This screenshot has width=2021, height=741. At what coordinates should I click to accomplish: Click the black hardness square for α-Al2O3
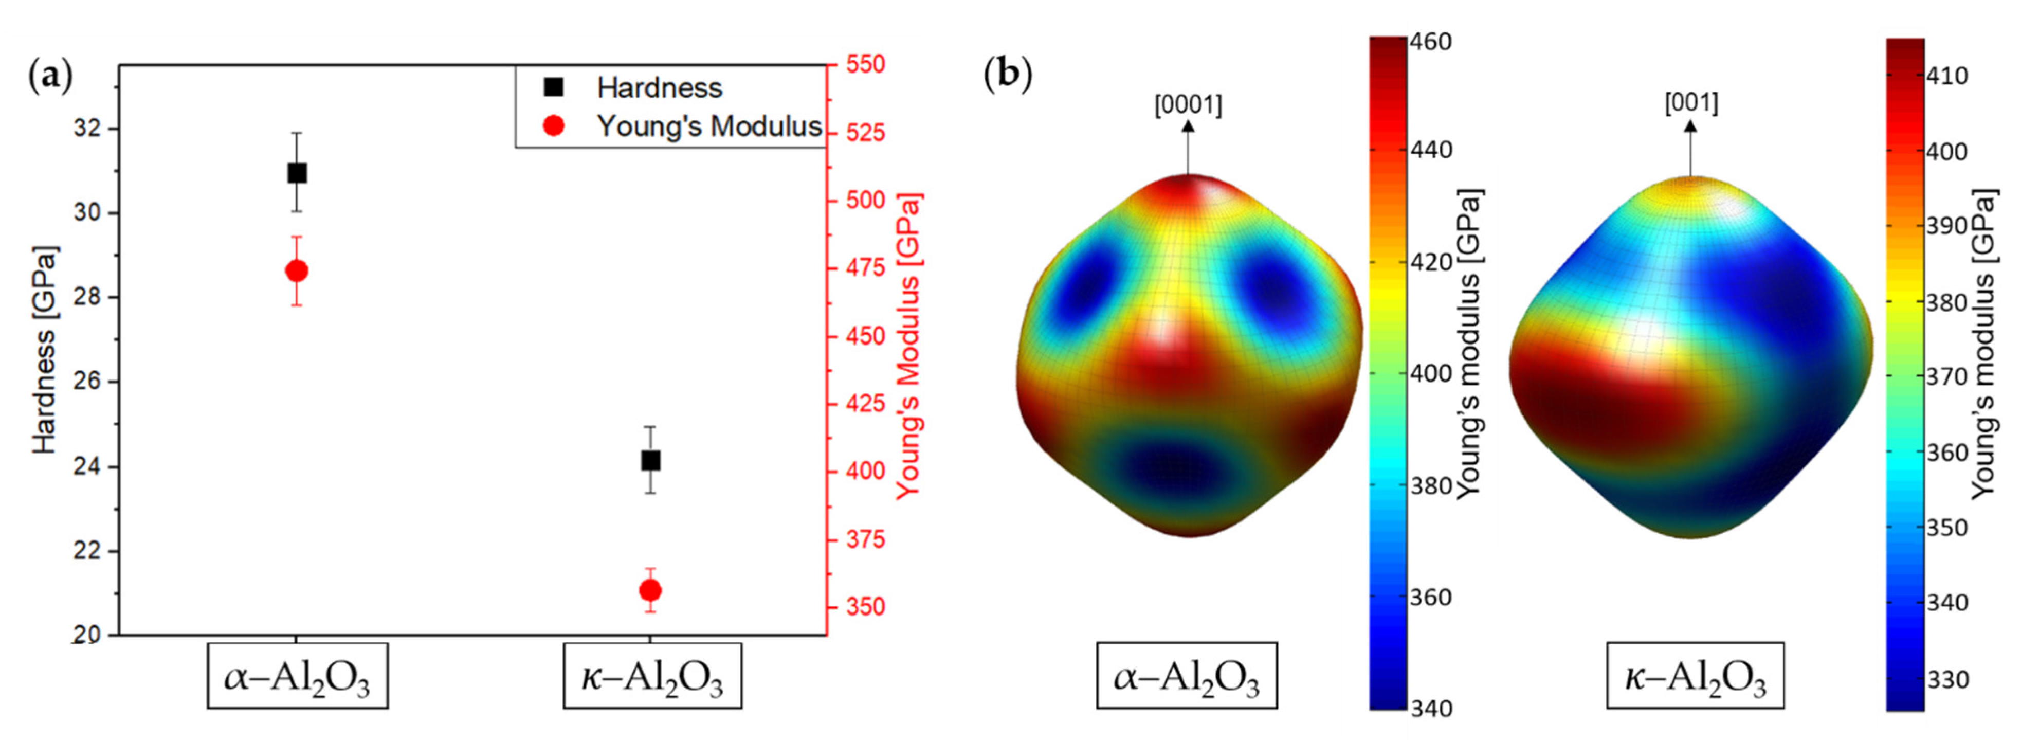pyautogui.click(x=297, y=173)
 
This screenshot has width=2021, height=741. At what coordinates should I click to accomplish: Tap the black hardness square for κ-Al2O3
pyautogui.click(x=650, y=461)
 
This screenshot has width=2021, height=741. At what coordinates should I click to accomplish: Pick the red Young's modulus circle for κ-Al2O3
pyautogui.click(x=650, y=590)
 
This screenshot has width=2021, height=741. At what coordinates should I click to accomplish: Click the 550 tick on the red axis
pyautogui.click(x=865, y=64)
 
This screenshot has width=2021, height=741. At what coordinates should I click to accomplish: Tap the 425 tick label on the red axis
pyautogui.click(x=865, y=404)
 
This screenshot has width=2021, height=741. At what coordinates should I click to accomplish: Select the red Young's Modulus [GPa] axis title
pyautogui.click(x=909, y=346)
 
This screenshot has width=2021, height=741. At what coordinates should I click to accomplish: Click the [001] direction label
pyautogui.click(x=1691, y=103)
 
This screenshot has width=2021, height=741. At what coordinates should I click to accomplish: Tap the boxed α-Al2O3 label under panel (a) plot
pyautogui.click(x=297, y=677)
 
